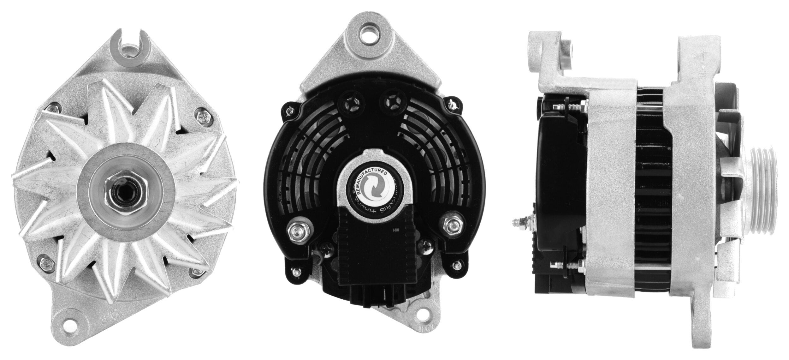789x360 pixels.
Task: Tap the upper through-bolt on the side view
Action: [568, 108]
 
